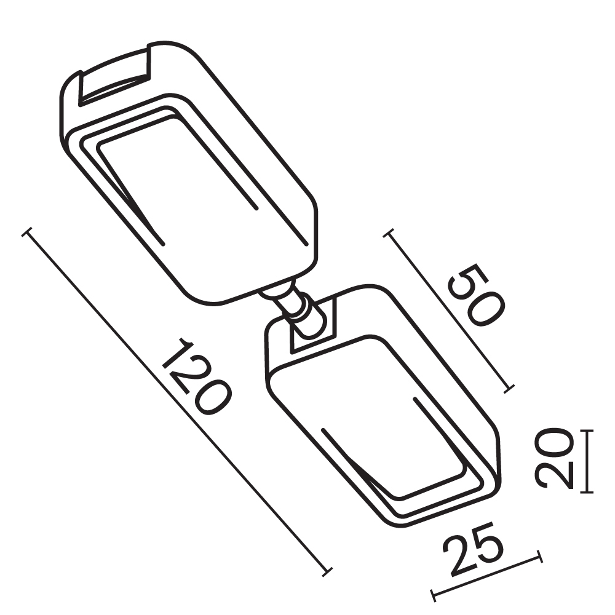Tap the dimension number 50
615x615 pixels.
click(476, 295)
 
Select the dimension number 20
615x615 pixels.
click(553, 459)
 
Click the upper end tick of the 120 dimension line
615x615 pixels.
click(26, 232)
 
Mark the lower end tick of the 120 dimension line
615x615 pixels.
click(327, 571)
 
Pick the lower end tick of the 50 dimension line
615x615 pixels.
click(509, 389)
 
